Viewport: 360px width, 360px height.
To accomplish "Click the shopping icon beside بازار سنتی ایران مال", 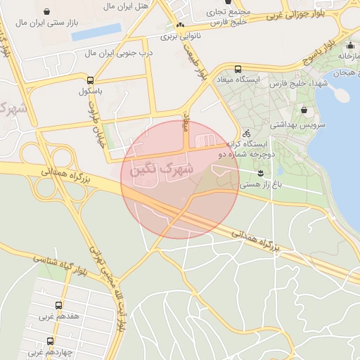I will tap(47, 12).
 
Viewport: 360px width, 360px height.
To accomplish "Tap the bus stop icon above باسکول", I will tap(89, 79).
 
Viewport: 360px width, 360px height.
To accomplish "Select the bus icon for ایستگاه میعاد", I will tap(238, 69).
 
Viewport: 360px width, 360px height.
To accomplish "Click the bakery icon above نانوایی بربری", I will tap(181, 25).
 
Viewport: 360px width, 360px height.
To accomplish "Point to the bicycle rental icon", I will tap(245, 132).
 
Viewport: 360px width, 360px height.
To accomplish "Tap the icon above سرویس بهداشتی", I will tap(304, 110).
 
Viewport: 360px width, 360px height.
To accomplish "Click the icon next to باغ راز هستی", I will tap(261, 172).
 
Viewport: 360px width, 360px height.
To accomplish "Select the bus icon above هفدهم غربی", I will tap(58, 305).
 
